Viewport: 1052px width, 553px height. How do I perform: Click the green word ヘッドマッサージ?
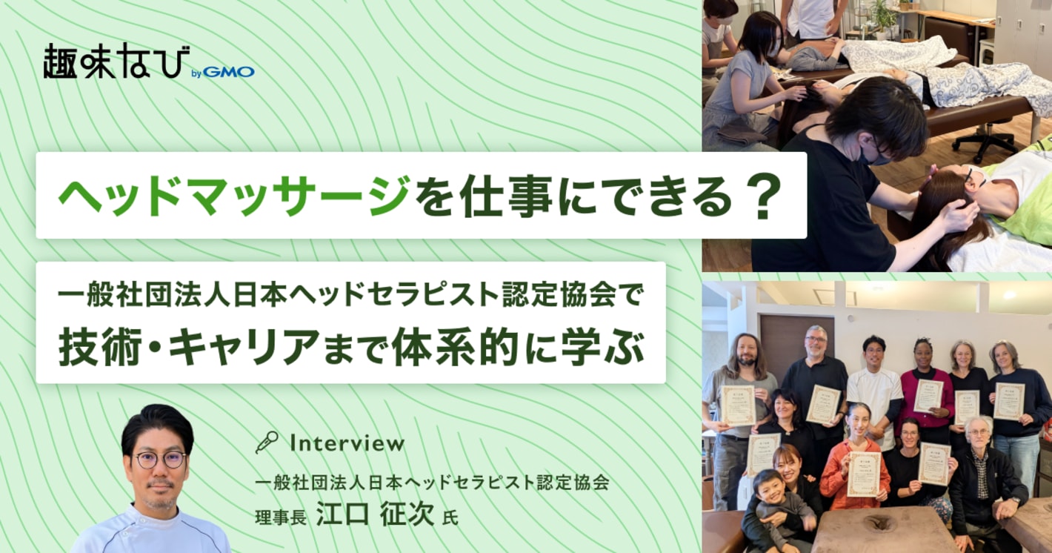(233, 196)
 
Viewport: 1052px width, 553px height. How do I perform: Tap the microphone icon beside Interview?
(266, 443)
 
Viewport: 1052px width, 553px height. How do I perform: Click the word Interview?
(347, 443)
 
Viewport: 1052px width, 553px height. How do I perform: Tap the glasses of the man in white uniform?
(159, 460)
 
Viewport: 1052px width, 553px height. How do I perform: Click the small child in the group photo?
(777, 508)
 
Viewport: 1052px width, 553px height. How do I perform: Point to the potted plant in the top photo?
(882, 18)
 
